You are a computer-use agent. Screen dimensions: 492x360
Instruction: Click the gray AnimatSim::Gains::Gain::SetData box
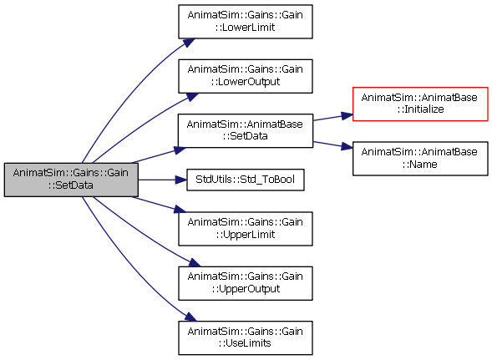tap(71, 180)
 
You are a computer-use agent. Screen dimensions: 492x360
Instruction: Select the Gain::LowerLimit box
tap(246, 22)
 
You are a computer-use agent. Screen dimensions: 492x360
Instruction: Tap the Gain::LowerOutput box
tap(246, 76)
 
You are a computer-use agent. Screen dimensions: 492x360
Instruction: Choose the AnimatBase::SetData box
tap(246, 130)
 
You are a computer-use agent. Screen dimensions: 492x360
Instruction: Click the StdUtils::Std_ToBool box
tap(246, 180)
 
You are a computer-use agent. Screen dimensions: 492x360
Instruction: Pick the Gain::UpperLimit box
tap(246, 229)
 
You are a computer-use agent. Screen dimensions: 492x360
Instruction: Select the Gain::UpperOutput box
tap(246, 283)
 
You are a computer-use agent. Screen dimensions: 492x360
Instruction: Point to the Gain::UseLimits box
tap(246, 338)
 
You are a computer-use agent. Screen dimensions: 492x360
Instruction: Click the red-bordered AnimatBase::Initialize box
tap(420, 104)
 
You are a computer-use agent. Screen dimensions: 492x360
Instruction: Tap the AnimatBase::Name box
tap(420, 159)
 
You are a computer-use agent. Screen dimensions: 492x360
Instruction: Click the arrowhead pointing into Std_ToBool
tap(181, 180)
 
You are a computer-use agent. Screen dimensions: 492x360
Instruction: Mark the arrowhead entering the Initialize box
tap(347, 116)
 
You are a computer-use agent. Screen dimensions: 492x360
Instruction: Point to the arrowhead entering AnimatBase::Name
tap(347, 146)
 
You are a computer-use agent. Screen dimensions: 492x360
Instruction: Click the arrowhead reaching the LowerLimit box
tap(189, 43)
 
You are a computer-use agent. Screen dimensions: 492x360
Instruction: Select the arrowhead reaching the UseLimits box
tap(190, 317)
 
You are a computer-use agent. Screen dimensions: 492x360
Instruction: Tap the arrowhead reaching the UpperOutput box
tap(194, 262)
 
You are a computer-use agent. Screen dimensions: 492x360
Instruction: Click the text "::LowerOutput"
tap(246, 82)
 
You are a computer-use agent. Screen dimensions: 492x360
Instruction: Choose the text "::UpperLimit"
tap(246, 235)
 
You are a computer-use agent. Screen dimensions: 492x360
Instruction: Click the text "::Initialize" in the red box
tap(420, 109)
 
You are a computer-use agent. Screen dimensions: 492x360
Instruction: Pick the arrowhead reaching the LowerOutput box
tap(192, 97)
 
